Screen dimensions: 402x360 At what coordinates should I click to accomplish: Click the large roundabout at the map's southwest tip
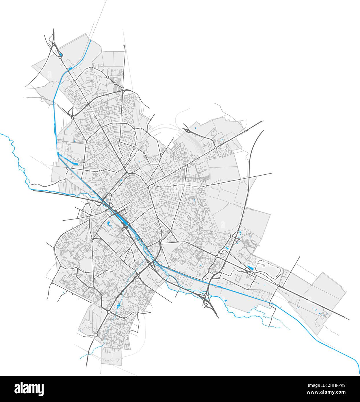96,335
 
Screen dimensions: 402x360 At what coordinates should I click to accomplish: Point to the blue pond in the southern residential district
118,305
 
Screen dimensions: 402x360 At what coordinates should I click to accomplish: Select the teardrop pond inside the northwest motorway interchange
61,54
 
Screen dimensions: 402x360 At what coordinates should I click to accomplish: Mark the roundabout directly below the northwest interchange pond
60,58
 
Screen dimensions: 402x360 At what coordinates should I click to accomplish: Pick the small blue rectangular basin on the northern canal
70,68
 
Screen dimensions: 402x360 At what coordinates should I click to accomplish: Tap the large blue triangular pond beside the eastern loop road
250,268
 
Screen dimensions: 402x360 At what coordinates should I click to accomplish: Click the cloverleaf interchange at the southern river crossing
205,297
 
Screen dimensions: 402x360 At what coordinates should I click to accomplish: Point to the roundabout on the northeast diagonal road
216,148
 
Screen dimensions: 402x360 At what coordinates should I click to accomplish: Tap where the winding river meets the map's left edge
1,134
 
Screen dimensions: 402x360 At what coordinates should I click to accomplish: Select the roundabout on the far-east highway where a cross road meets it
279,286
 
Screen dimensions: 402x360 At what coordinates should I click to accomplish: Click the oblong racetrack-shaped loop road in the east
269,266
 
